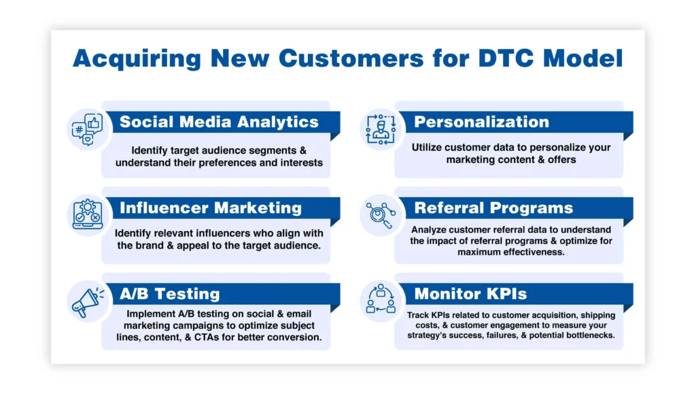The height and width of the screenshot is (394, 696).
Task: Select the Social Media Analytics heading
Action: click(x=219, y=122)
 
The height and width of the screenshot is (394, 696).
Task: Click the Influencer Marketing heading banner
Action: click(x=211, y=208)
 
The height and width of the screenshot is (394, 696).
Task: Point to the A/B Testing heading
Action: click(x=170, y=294)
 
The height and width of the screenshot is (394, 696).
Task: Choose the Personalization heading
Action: click(x=481, y=122)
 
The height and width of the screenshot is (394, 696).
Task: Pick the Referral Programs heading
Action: click(x=493, y=208)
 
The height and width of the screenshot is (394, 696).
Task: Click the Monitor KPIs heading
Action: click(x=470, y=294)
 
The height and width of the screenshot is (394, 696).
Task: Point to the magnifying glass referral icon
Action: click(x=380, y=214)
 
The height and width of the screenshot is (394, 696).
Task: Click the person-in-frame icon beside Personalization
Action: click(x=380, y=128)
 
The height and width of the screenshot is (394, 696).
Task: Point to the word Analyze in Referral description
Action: click(x=428, y=230)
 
